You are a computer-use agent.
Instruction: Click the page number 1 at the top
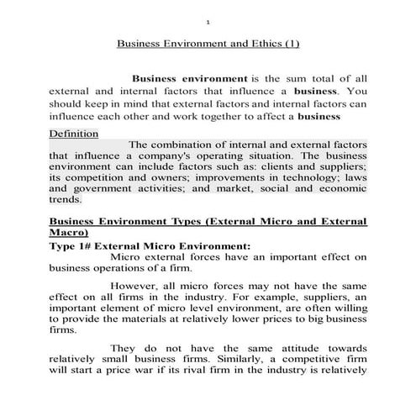pyautogui.click(x=208, y=21)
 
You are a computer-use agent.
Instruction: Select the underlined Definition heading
pyautogui.click(x=73, y=134)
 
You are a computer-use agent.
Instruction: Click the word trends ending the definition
pyautogui.click(x=66, y=201)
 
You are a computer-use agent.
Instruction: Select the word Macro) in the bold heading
pyautogui.click(x=71, y=232)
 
